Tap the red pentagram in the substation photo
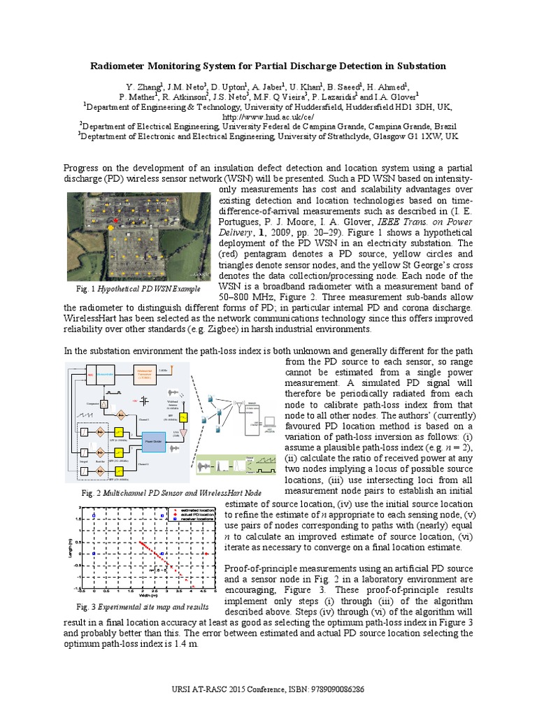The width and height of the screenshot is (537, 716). (x=115, y=222)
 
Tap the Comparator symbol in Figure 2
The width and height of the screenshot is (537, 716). (x=103, y=404)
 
